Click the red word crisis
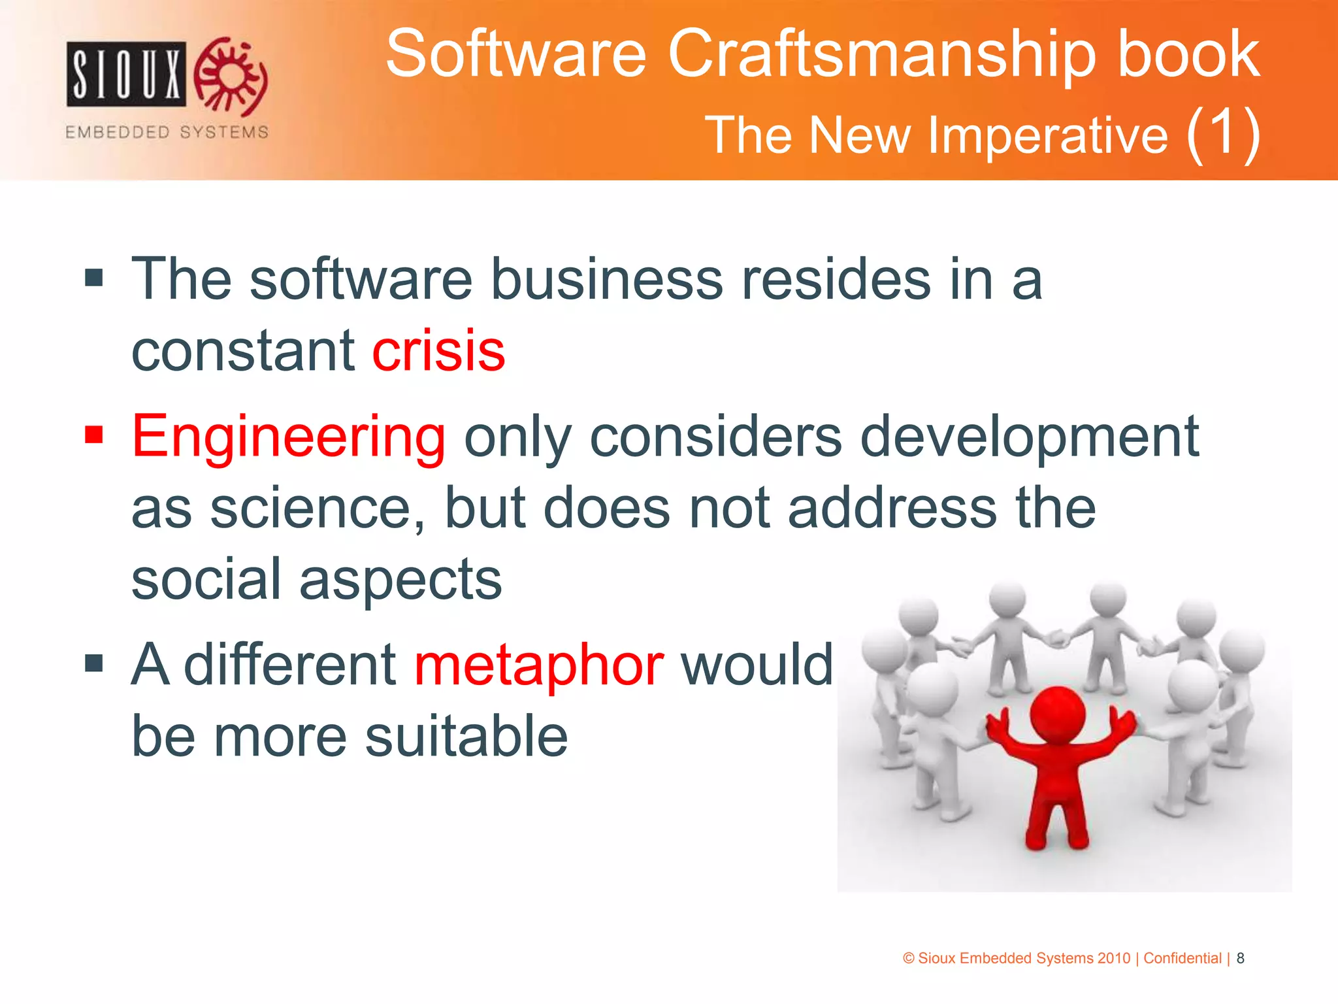pyautogui.click(x=438, y=351)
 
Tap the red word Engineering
pyautogui.click(x=288, y=437)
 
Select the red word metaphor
pyautogui.click(x=539, y=665)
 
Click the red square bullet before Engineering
pyautogui.click(x=94, y=434)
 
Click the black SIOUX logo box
pyautogui.click(x=126, y=74)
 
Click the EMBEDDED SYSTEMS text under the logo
pyautogui.click(x=167, y=132)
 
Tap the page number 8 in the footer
pyautogui.click(x=1240, y=958)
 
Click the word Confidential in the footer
pyautogui.click(x=1182, y=958)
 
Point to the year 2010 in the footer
pyautogui.click(x=1113, y=958)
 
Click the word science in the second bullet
pyautogui.click(x=317, y=509)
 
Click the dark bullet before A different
pyautogui.click(x=94, y=663)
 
